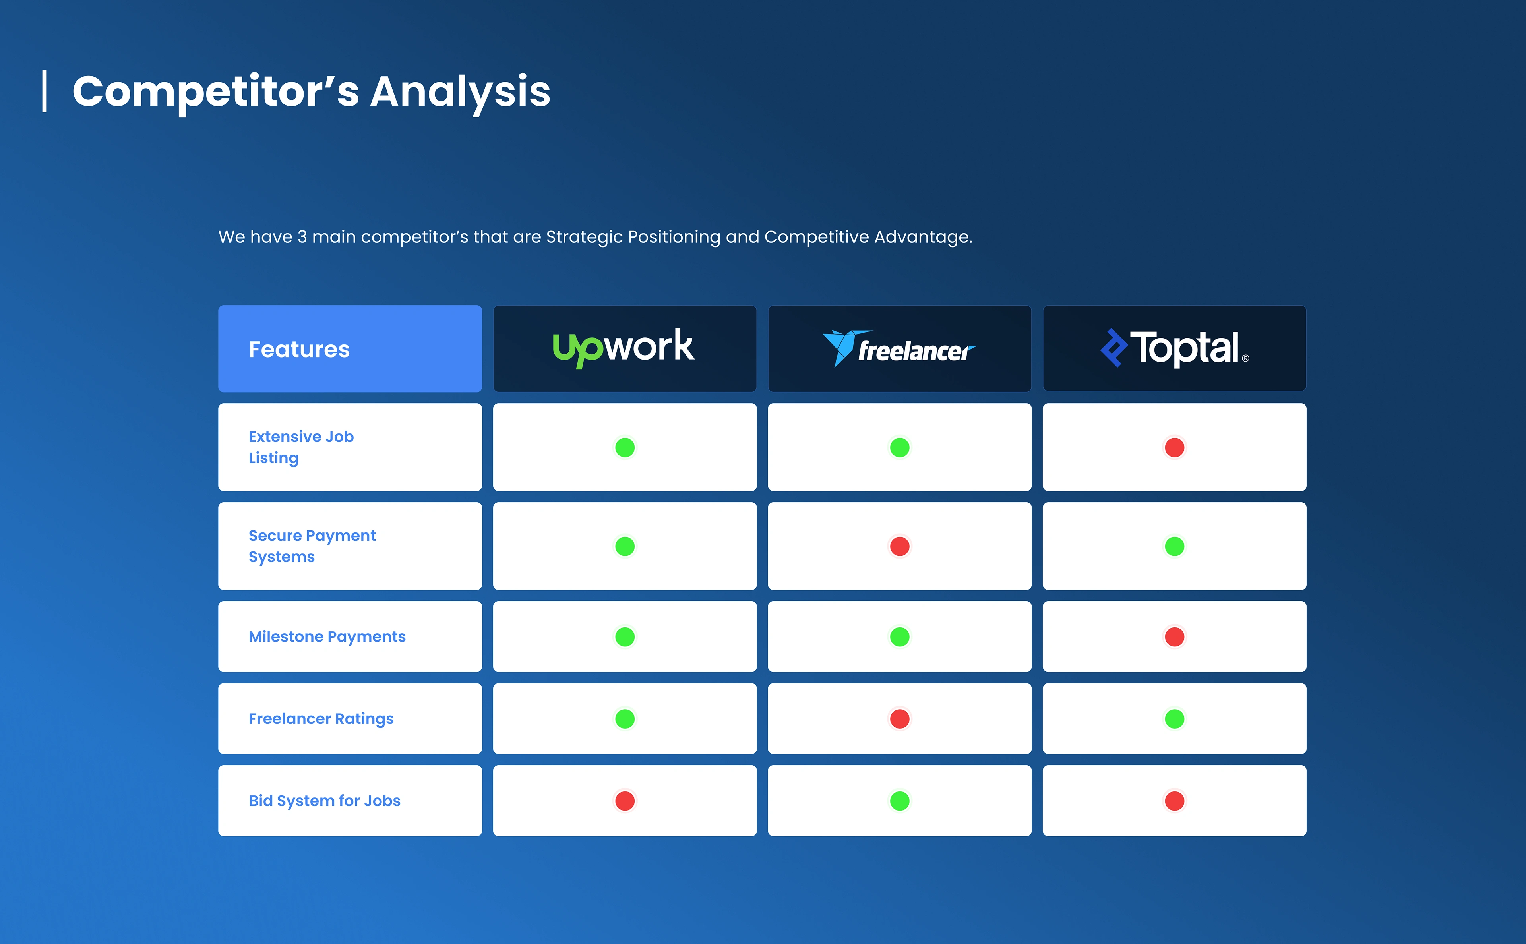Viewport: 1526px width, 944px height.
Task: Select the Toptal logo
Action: (1174, 348)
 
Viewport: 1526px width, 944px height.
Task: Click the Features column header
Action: (299, 349)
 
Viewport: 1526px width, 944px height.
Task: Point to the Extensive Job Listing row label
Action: (301, 447)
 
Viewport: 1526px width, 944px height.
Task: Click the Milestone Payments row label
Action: (327, 637)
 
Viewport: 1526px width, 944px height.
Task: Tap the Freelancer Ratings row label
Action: (321, 719)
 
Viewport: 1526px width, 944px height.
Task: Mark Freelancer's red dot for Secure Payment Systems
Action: (900, 546)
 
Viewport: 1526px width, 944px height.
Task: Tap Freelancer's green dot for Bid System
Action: (900, 801)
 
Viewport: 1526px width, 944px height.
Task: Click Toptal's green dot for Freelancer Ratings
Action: (1174, 719)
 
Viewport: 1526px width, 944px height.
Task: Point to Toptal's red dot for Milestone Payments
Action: (1174, 637)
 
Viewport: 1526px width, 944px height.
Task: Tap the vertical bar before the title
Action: (45, 91)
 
